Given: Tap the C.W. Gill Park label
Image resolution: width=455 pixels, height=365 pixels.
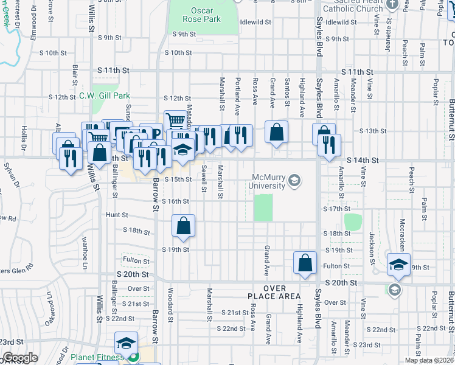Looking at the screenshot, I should [x=105, y=96].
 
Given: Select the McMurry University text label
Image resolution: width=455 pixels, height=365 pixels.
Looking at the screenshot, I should [x=268, y=181].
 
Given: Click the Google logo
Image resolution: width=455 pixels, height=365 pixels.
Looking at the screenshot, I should [x=20, y=358].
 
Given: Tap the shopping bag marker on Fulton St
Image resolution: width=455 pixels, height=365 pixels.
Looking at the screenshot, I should [x=305, y=263].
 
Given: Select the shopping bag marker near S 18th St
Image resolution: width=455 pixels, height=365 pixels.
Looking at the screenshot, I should [x=183, y=226].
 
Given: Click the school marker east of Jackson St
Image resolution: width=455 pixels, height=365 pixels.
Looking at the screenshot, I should [x=399, y=264].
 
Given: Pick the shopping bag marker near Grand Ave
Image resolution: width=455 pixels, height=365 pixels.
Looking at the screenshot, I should [x=276, y=132].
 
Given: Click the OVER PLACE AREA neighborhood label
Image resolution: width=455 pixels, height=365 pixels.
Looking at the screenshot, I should [x=275, y=291].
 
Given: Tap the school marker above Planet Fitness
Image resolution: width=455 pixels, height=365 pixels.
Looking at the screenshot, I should [x=126, y=343].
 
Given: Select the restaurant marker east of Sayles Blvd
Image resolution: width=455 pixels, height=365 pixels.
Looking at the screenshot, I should [x=330, y=145].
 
